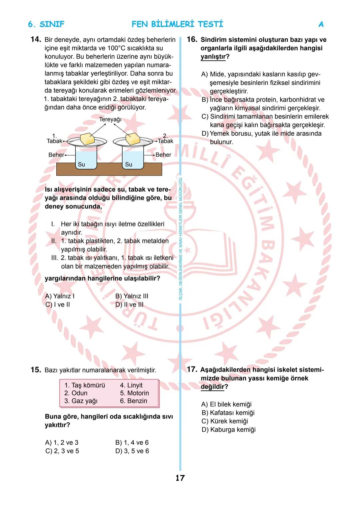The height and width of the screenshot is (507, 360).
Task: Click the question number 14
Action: coord(35,39)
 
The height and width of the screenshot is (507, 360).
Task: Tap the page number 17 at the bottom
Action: coord(180,478)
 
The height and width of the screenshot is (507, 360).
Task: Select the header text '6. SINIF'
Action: coord(46,24)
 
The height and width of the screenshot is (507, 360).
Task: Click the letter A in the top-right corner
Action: coord(321,24)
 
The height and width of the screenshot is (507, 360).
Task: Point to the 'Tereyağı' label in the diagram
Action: coord(110,119)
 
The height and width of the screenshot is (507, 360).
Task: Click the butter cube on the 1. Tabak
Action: coord(87,139)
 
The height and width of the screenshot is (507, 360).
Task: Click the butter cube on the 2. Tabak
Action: coord(132,138)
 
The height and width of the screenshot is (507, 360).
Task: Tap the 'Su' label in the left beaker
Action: coord(81,164)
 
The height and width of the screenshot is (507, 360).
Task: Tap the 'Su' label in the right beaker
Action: coord(129,164)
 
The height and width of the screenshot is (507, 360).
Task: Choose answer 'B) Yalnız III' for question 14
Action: coord(132,296)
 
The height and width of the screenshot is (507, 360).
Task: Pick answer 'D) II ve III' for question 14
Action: coord(129,304)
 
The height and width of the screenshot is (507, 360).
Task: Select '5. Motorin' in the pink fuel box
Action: coord(134,393)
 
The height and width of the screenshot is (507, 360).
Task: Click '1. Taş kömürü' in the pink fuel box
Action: coord(85,385)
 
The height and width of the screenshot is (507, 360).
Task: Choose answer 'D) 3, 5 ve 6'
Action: coord(132,451)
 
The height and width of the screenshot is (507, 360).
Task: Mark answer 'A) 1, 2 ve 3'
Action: coord(62,443)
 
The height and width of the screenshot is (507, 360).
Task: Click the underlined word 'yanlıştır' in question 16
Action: coord(213,57)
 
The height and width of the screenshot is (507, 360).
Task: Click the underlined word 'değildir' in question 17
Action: coord(212,387)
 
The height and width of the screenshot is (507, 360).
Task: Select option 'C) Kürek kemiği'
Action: coord(225,421)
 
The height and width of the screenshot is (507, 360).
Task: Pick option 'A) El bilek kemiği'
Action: coord(226,404)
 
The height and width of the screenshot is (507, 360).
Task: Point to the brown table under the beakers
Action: coord(109,170)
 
